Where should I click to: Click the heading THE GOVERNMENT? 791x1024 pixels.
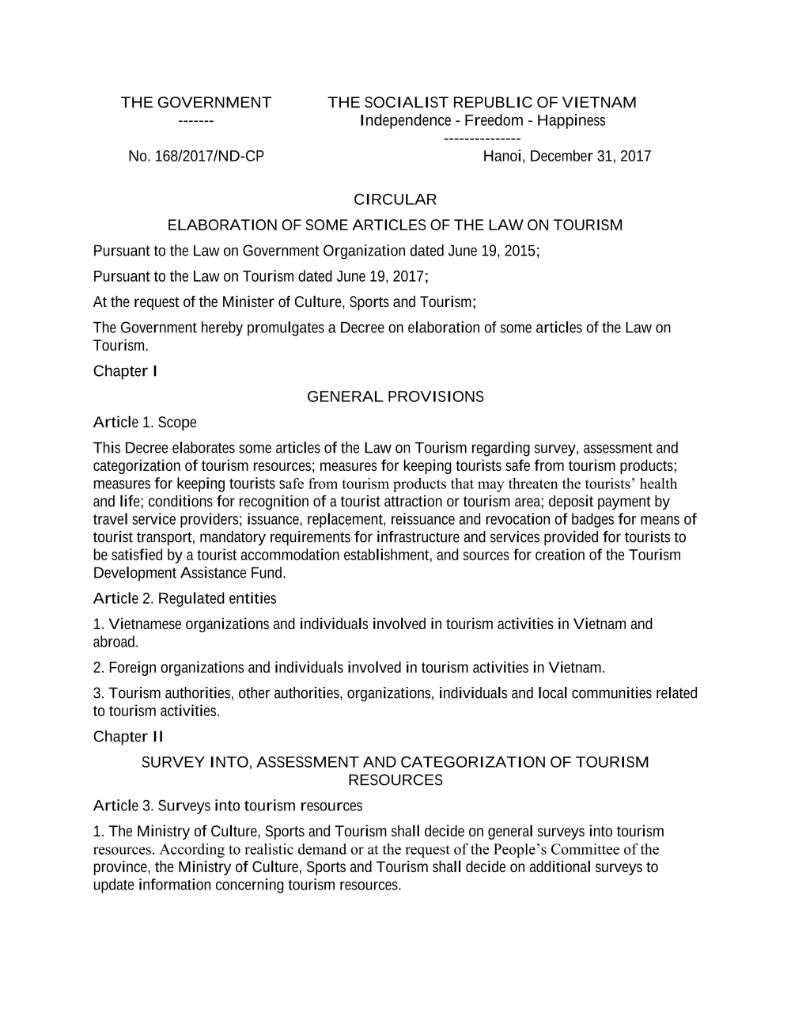(x=195, y=103)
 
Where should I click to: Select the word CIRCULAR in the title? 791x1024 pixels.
(x=395, y=199)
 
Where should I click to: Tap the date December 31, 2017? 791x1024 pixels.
(x=590, y=157)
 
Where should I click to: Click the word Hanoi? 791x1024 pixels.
(x=502, y=157)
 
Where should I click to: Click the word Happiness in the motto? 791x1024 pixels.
(x=571, y=121)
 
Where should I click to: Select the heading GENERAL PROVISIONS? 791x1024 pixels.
(x=395, y=396)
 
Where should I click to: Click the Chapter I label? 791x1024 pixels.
(x=125, y=371)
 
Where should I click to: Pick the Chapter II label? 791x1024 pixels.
(x=128, y=737)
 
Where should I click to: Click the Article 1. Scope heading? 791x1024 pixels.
(x=145, y=423)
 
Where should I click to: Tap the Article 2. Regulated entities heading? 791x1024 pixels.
(x=184, y=598)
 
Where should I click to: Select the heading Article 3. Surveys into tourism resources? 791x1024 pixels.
(x=228, y=806)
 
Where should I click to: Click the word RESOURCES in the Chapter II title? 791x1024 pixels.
(x=395, y=780)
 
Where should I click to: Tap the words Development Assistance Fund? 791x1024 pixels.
(x=189, y=573)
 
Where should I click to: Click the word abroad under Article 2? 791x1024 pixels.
(x=115, y=642)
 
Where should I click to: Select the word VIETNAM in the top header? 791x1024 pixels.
(x=599, y=103)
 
